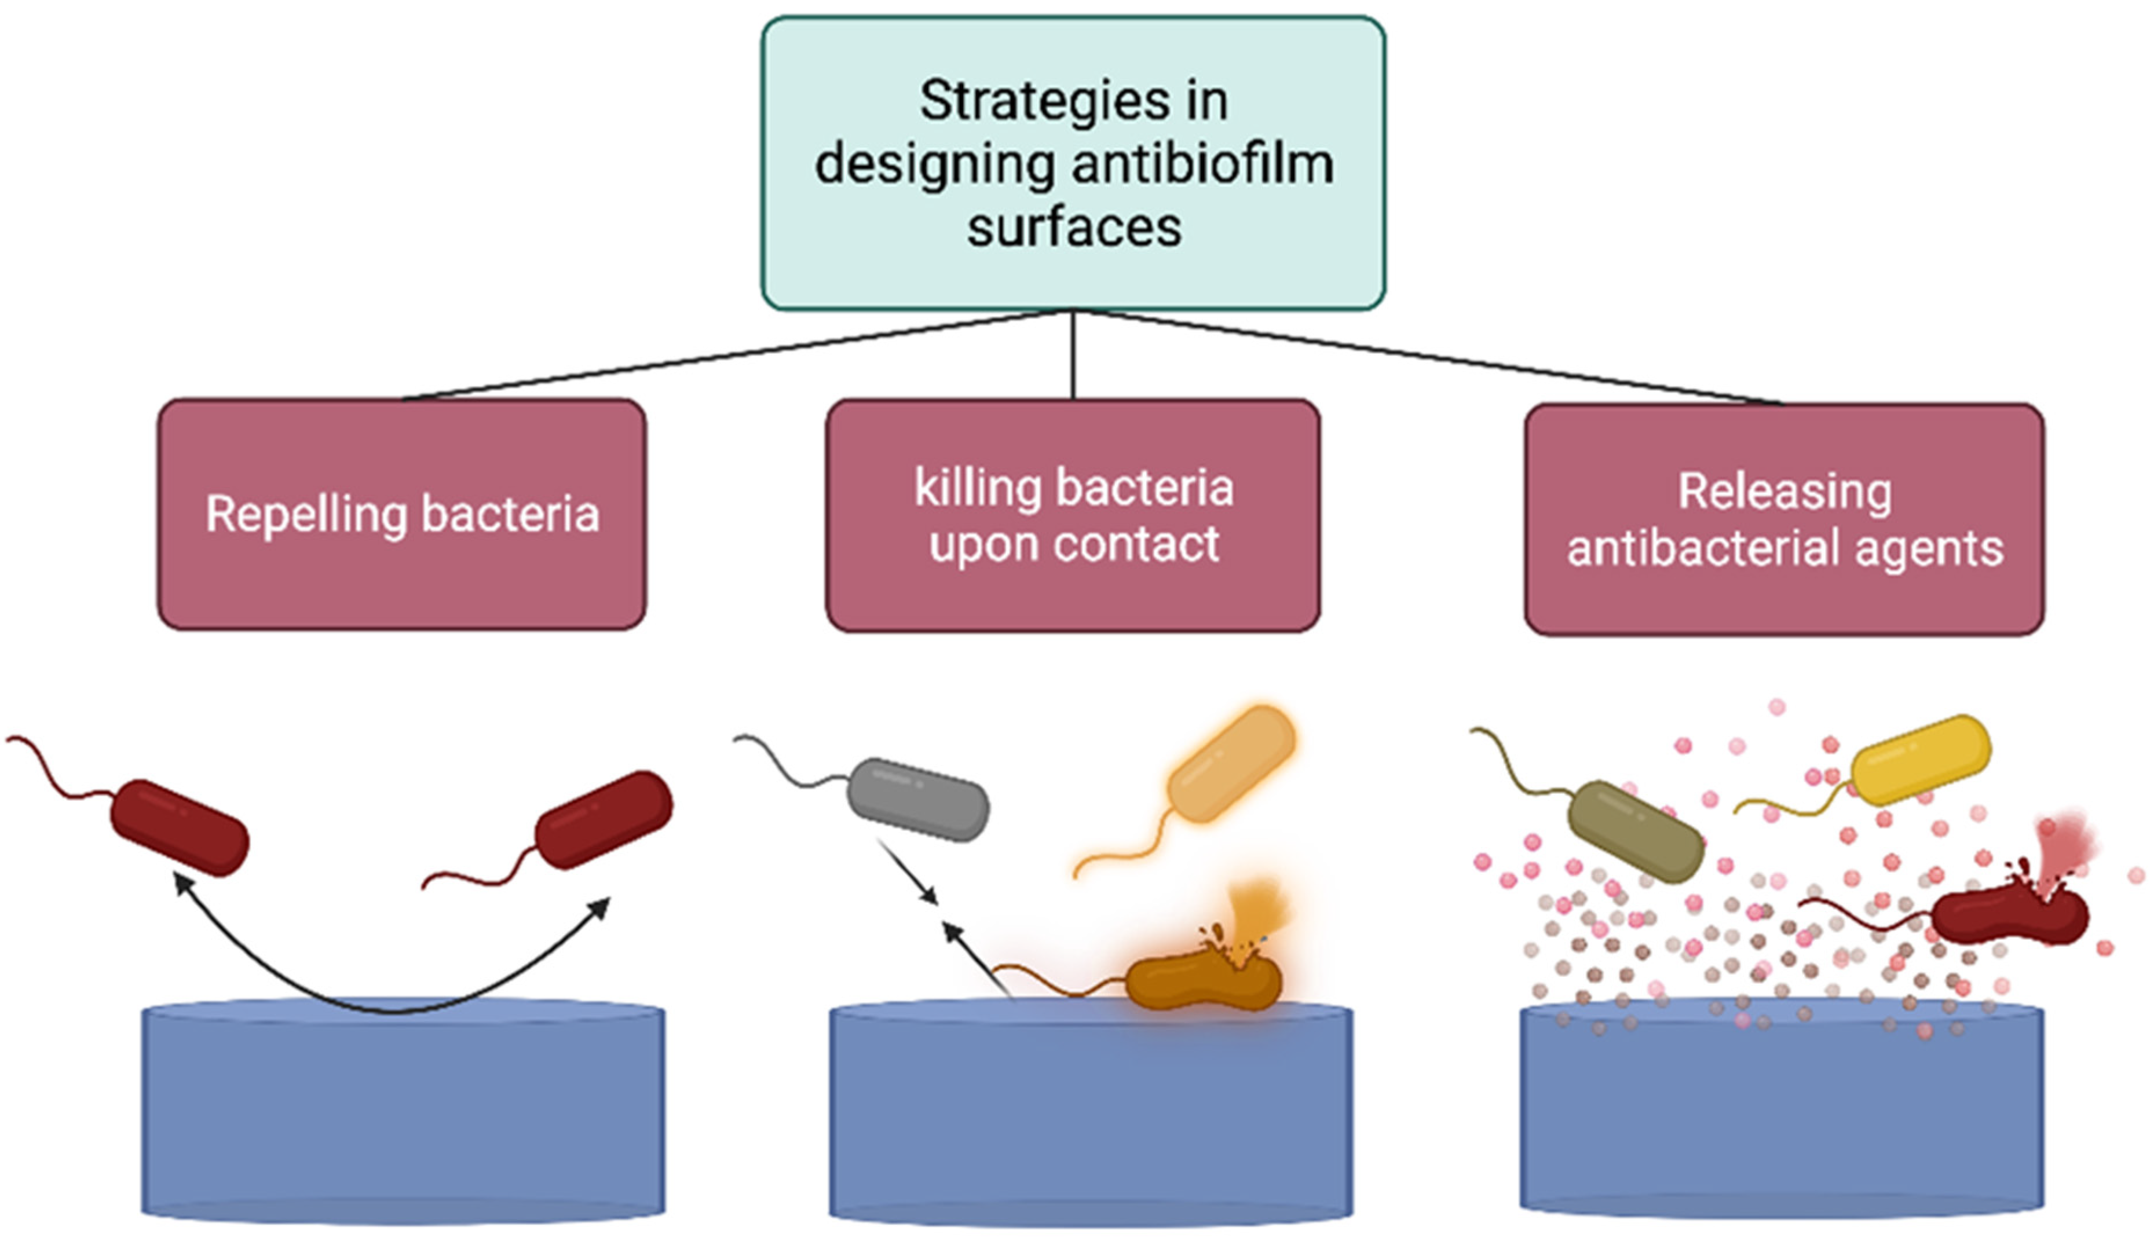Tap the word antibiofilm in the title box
(1202, 163)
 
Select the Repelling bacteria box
(401, 514)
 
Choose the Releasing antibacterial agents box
(1784, 519)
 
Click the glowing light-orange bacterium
(1231, 764)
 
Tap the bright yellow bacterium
(1920, 759)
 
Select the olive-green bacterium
(1635, 832)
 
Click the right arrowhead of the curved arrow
(602, 907)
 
